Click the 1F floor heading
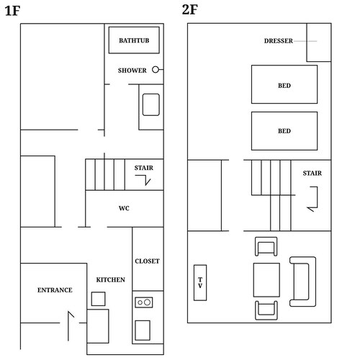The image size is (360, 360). coord(12,11)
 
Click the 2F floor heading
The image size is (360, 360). coord(189,10)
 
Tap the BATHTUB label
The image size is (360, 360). coord(134,40)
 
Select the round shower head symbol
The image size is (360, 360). coord(156,70)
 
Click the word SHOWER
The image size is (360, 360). coord(132,71)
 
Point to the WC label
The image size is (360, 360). coord(124,208)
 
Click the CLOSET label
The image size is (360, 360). coord(147,261)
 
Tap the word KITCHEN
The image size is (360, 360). coord(110,279)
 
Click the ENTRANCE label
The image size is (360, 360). coord(55,290)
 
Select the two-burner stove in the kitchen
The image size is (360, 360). coord(144,302)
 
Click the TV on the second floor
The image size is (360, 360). coord(200,283)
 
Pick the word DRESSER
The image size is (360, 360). coord(279,41)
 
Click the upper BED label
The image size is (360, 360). coord(284,86)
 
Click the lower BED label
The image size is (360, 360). coord(284,131)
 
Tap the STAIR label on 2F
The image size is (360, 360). coord(312,173)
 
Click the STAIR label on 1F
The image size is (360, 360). coord(143,168)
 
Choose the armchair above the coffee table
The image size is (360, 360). coord(266,246)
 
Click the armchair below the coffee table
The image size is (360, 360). coord(266,310)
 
